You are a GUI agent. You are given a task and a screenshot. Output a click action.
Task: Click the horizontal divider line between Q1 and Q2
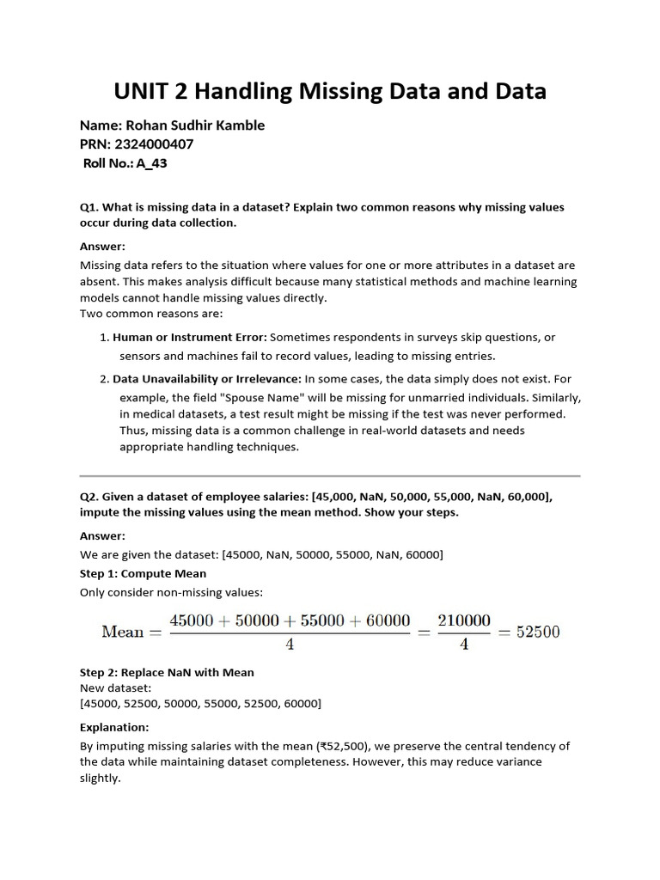pyautogui.click(x=330, y=475)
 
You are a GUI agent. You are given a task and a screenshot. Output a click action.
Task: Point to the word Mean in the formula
pyautogui.click(x=122, y=632)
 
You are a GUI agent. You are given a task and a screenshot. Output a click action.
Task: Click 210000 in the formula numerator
pyautogui.click(x=464, y=620)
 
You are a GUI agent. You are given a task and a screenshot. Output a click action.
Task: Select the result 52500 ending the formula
pyautogui.click(x=536, y=632)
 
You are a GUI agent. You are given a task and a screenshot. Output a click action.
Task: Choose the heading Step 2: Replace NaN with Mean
pyautogui.click(x=167, y=672)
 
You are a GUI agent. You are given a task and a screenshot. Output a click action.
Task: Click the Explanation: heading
pyautogui.click(x=114, y=727)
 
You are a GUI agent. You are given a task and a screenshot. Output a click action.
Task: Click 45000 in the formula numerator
pyautogui.click(x=197, y=620)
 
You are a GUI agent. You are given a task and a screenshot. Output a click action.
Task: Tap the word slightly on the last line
pyautogui.click(x=100, y=779)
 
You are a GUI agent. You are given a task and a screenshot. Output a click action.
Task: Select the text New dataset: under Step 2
pyautogui.click(x=115, y=688)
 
